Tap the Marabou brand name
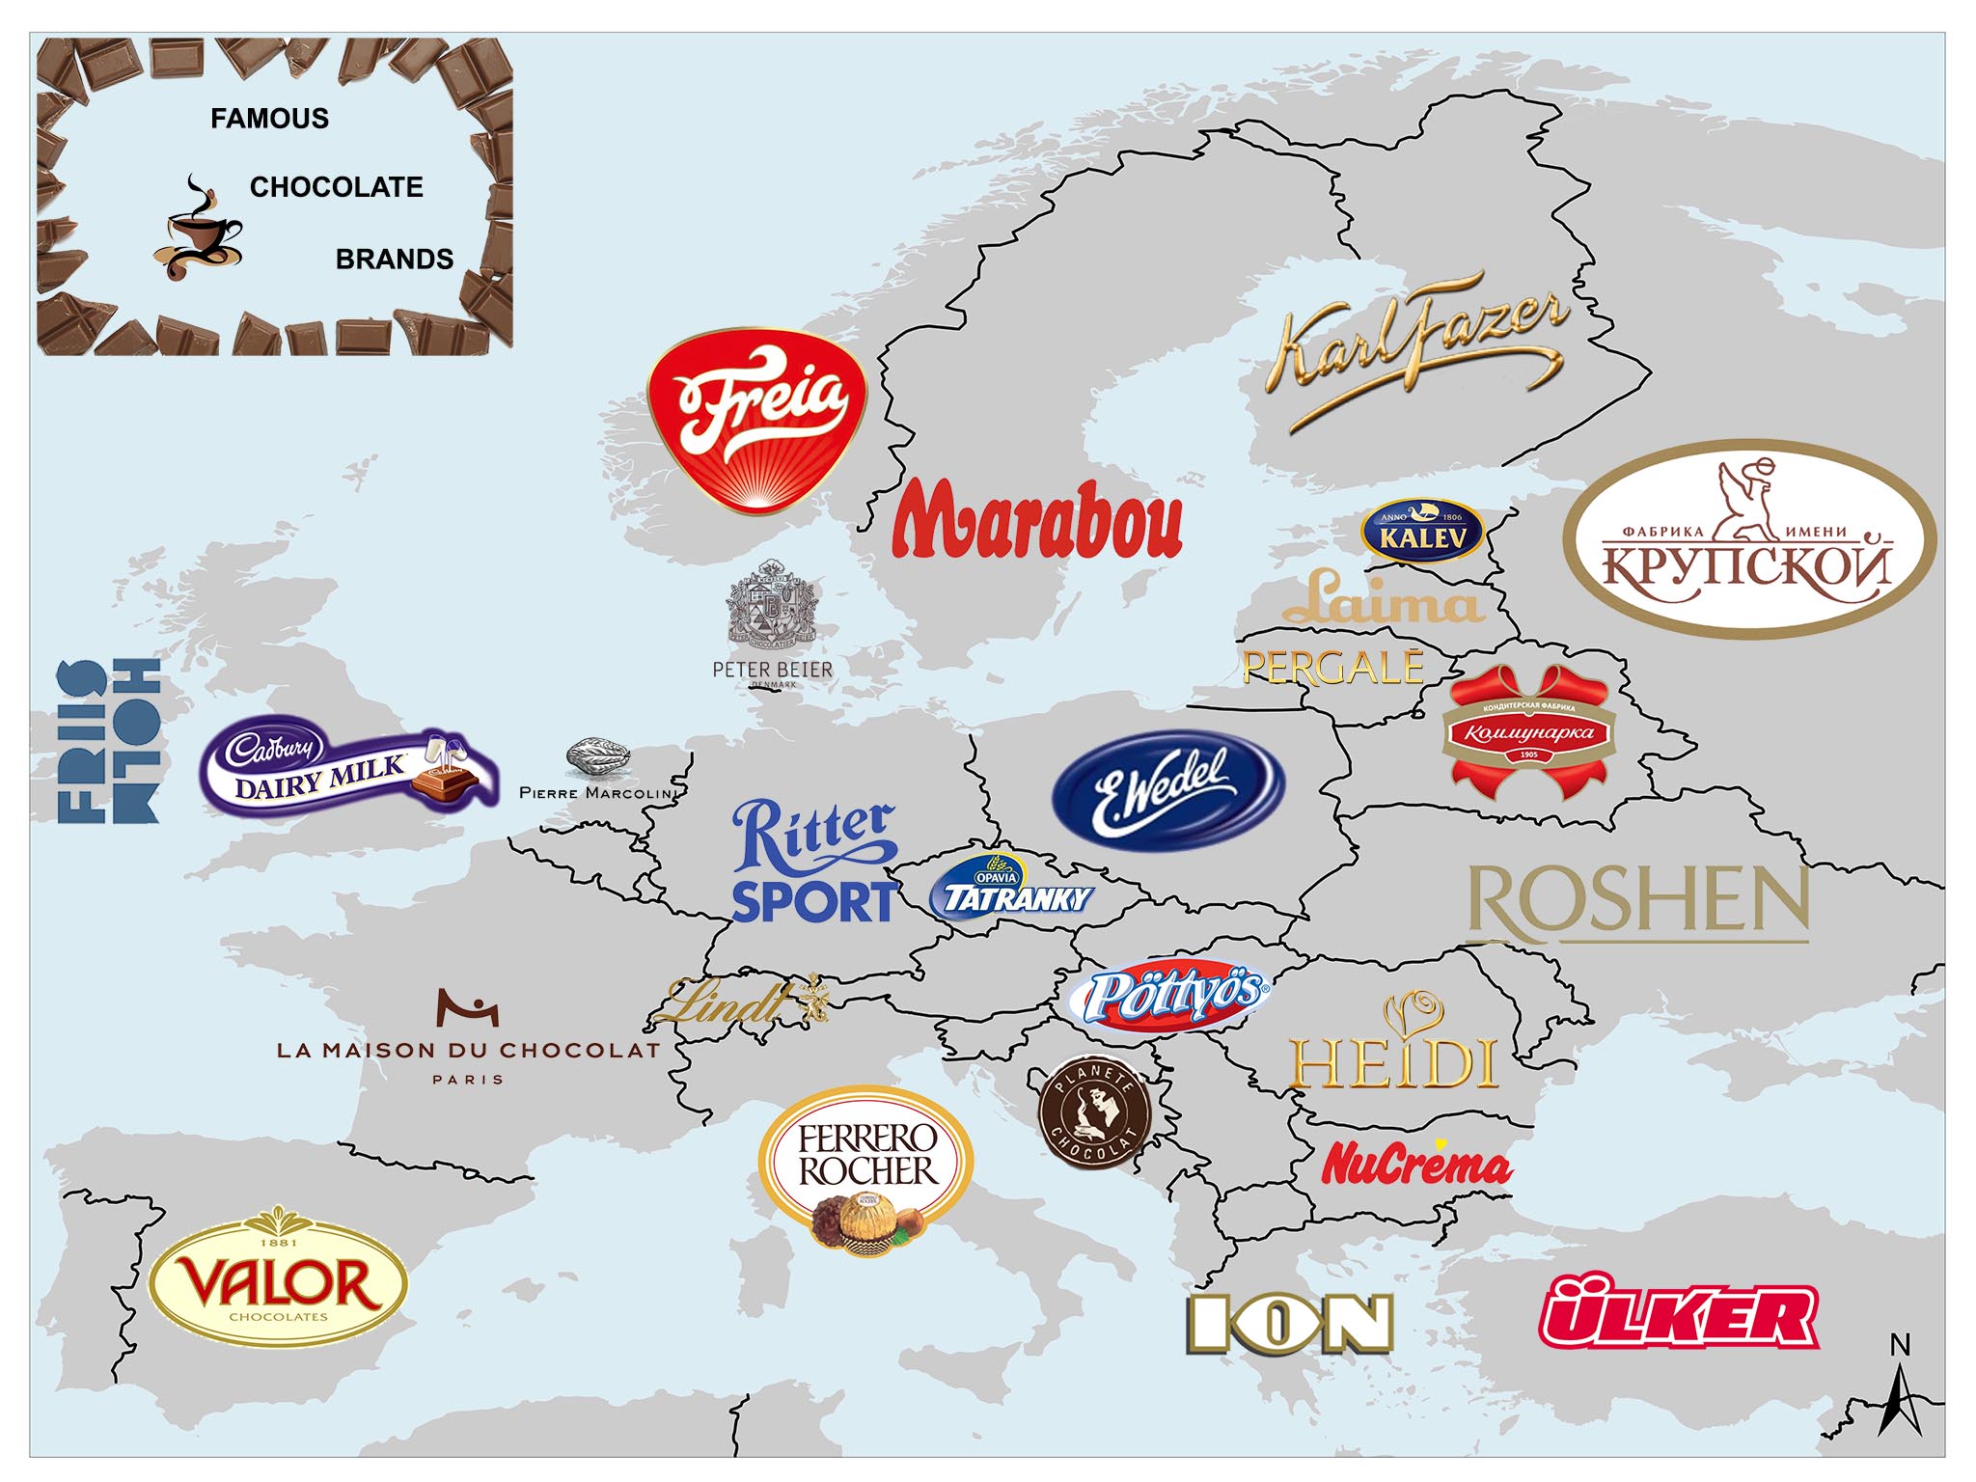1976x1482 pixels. click(x=1036, y=521)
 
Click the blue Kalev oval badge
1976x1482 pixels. click(x=1421, y=531)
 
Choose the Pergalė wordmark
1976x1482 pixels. click(x=1332, y=668)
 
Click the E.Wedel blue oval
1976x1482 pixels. click(x=1167, y=789)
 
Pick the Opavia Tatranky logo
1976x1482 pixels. click(x=1010, y=888)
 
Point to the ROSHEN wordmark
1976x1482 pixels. click(x=1637, y=902)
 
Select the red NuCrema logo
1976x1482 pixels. click(x=1415, y=1164)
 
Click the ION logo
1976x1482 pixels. click(x=1290, y=1323)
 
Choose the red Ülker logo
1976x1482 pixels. click(x=1678, y=1312)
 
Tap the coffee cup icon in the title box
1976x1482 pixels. click(x=198, y=232)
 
